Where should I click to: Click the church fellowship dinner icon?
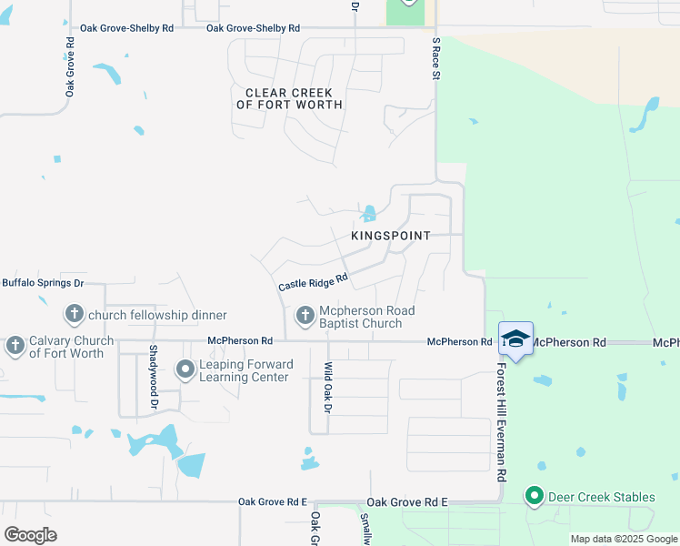[x=74, y=315]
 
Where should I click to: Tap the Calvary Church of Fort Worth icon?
[x=15, y=346]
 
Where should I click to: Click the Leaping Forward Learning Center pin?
[x=185, y=369]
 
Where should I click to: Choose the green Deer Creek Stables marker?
[x=534, y=496]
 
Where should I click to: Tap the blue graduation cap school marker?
[x=515, y=339]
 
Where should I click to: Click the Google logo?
[x=30, y=535]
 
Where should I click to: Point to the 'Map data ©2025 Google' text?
[x=623, y=539]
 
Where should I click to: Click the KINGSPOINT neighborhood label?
[x=390, y=235]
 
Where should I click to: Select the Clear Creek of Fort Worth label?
[x=289, y=99]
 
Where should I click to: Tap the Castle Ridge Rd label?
[x=313, y=283]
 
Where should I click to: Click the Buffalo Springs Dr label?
[x=43, y=283]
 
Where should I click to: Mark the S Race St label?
[x=435, y=59]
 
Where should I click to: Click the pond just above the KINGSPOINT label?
[x=369, y=215]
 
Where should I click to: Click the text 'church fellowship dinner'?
[x=157, y=315]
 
